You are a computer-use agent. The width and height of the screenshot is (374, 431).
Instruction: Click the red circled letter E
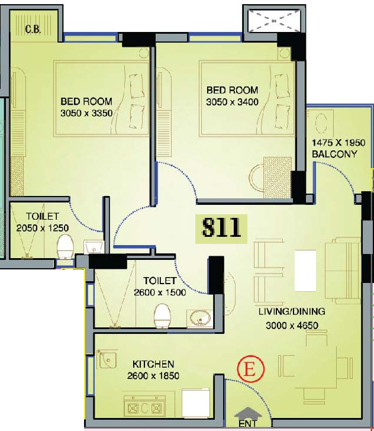coord(251,369)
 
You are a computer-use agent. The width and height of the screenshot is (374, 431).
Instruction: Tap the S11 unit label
coord(221,229)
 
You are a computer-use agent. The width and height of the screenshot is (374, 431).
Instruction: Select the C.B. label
coord(33,29)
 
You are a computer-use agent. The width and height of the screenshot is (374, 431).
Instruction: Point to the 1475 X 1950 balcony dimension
coord(338,143)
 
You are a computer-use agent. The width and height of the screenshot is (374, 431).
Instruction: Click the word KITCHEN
coord(153,364)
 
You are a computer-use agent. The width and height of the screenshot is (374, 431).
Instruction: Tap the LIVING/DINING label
coord(292,311)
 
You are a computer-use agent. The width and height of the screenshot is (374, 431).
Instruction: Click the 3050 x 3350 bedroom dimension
coord(86,113)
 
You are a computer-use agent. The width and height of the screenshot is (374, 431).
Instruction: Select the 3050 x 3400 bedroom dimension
coord(232,102)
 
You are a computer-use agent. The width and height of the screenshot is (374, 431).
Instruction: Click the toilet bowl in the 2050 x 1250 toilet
coord(66,246)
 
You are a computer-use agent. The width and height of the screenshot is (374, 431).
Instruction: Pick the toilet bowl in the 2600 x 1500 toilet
coord(162,316)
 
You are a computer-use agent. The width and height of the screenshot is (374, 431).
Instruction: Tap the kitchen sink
coord(107,359)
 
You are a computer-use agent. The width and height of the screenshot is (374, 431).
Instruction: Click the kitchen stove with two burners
coord(144,408)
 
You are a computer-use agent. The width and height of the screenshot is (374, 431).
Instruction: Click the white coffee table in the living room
coord(305,271)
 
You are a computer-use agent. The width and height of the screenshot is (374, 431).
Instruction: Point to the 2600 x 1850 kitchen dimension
coord(153,375)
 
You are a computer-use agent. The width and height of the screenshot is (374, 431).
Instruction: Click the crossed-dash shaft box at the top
coord(274,21)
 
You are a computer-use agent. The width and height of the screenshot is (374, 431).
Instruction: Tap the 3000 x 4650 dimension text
coord(292,326)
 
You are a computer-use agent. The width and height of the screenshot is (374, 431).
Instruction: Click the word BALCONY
coord(334,154)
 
